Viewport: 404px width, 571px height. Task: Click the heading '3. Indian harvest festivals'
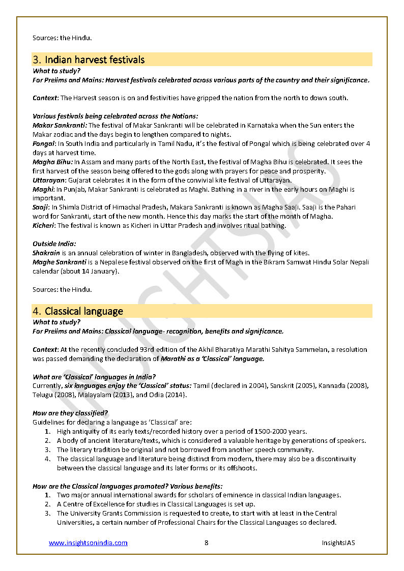pyautogui.click(x=89, y=59)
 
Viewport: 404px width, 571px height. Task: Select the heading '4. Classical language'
pyautogui.click(x=78, y=311)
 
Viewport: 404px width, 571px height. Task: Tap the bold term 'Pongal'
pyautogui.click(x=44, y=144)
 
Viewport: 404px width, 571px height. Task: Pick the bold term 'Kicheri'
pyautogui.click(x=44, y=226)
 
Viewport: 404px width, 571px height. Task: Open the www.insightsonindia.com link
pyautogui.click(x=88, y=543)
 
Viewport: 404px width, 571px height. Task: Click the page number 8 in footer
pyautogui.click(x=207, y=543)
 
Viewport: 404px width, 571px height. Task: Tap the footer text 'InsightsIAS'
pyautogui.click(x=338, y=543)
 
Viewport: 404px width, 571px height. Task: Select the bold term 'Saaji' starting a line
pyautogui.click(x=41, y=208)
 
